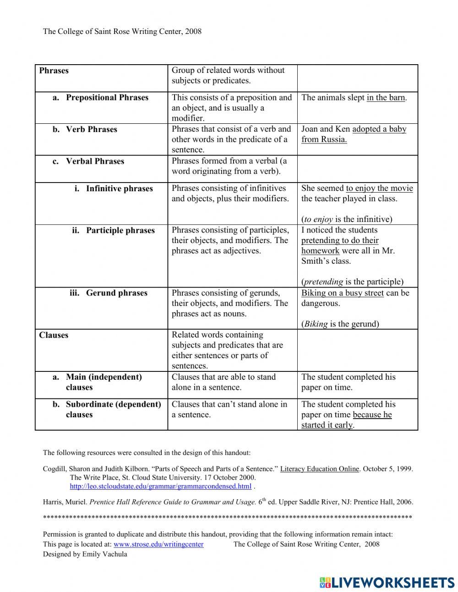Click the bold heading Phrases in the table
(54, 71)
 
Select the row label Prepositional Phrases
(107, 98)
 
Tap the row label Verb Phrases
(91, 129)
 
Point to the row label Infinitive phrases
(119, 188)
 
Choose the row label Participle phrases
(120, 230)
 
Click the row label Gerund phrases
(116, 293)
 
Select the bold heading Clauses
(54, 335)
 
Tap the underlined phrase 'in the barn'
(386, 98)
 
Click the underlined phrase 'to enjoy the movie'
(379, 188)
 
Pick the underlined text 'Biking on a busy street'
(342, 293)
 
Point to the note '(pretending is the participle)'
(352, 282)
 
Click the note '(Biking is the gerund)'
(340, 324)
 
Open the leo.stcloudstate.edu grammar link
(160, 486)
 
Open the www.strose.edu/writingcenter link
(158, 544)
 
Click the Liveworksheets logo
(387, 582)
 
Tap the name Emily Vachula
(104, 554)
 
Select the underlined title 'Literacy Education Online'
(319, 469)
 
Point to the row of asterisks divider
(227, 518)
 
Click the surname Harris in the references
(52, 502)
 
